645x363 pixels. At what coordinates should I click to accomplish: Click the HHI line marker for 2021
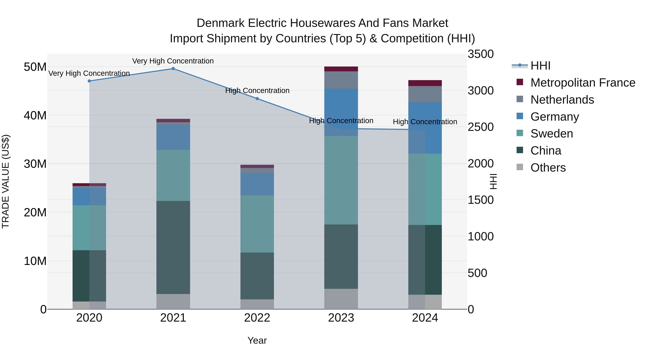pyautogui.click(x=173, y=69)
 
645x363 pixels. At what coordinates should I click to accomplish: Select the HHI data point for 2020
pyautogui.click(x=89, y=81)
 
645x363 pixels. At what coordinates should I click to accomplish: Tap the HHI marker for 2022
pyautogui.click(x=257, y=99)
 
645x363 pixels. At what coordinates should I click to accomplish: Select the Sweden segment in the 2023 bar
pyautogui.click(x=341, y=180)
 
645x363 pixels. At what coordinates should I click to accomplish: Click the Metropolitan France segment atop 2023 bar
pyautogui.click(x=341, y=69)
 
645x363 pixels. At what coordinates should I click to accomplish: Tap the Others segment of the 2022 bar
pyautogui.click(x=257, y=304)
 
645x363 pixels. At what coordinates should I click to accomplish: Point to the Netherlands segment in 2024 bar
pyautogui.click(x=425, y=94)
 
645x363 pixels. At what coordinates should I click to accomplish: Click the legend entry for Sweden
pyautogui.click(x=551, y=134)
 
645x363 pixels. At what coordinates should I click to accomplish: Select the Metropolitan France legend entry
pyautogui.click(x=582, y=83)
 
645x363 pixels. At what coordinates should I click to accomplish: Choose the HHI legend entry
pyautogui.click(x=540, y=66)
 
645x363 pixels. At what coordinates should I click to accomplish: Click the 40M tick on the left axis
pyautogui.click(x=35, y=115)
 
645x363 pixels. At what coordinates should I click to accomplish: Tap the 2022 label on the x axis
pyautogui.click(x=257, y=318)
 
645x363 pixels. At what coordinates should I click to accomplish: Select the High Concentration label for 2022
pyautogui.click(x=257, y=91)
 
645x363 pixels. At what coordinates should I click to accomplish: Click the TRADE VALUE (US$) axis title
pyautogui.click(x=6, y=181)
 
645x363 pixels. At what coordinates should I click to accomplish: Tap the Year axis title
pyautogui.click(x=257, y=340)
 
